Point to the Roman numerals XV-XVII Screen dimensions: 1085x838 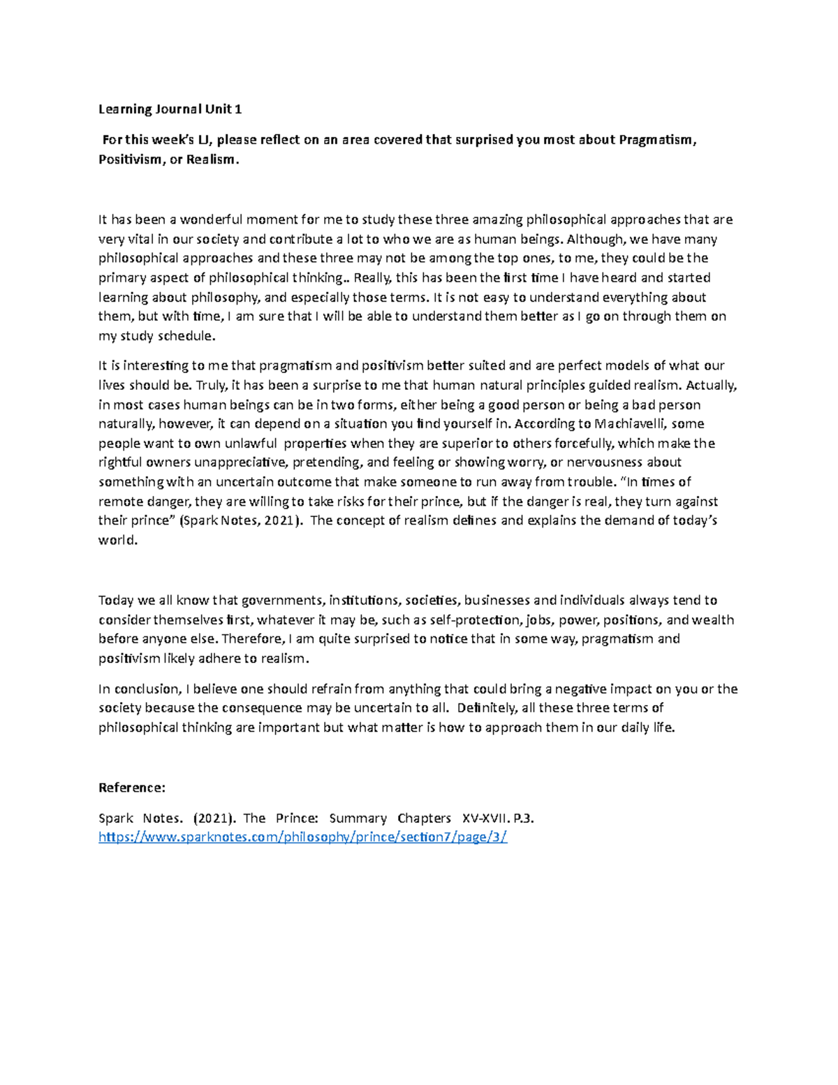479,818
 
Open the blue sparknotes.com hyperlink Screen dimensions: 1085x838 302,837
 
